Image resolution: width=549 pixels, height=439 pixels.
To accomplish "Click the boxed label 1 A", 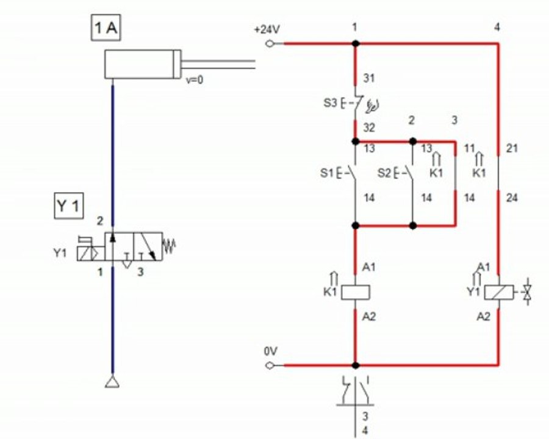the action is click(x=106, y=27).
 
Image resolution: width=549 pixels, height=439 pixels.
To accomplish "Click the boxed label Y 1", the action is click(x=68, y=206).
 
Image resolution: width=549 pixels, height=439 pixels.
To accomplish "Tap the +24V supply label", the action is click(x=267, y=30).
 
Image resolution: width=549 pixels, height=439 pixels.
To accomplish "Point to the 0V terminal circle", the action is click(x=270, y=365).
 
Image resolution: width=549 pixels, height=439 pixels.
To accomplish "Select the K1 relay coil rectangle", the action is click(x=356, y=292).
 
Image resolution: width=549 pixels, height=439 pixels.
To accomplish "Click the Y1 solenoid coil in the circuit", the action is click(x=499, y=292).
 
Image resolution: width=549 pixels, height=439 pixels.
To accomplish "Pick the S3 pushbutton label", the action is click(x=330, y=103).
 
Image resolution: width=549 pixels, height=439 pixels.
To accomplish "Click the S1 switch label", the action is click(x=326, y=173).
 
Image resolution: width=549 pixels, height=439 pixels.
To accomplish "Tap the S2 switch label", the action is click(x=384, y=173).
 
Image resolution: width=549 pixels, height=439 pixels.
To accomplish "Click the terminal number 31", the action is click(x=368, y=78).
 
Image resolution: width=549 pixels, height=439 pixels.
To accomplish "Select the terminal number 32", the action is click(x=369, y=128).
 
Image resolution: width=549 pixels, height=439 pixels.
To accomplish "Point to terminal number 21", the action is click(x=512, y=148).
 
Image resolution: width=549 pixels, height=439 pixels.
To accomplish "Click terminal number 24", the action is click(x=512, y=198).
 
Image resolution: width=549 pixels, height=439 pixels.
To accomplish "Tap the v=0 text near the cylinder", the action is click(x=195, y=80).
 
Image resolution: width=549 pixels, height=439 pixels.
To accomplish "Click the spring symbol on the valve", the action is click(x=169, y=246).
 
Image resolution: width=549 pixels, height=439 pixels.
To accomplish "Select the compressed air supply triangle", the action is click(x=112, y=382).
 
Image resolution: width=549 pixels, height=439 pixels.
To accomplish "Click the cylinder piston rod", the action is click(x=218, y=64).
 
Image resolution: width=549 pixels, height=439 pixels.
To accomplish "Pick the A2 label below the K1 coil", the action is click(x=368, y=316).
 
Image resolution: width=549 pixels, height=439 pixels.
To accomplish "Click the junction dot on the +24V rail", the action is click(x=356, y=44).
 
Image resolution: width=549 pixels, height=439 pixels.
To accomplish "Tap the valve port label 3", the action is click(x=140, y=272).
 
